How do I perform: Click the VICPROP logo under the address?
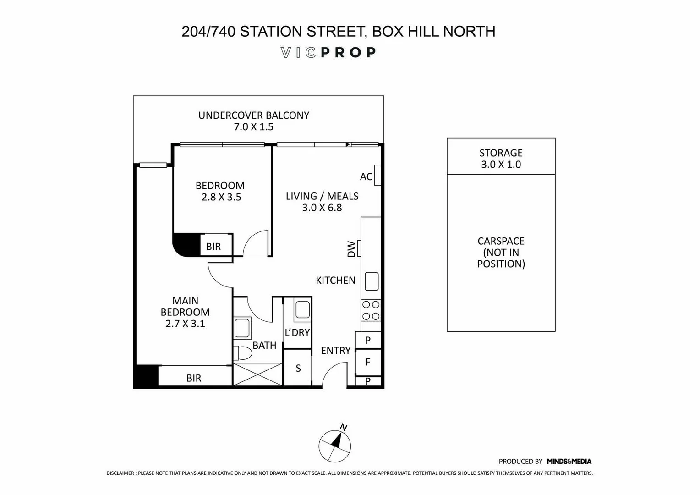(x=328, y=53)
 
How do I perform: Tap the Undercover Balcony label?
(x=253, y=115)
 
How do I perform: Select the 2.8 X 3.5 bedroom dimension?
(x=221, y=197)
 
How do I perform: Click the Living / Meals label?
(x=322, y=196)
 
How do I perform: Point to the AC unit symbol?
(x=377, y=175)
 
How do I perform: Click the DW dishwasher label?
(x=351, y=249)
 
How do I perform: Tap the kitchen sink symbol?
(x=372, y=281)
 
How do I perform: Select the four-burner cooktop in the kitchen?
(x=371, y=310)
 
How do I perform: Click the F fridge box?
(x=368, y=362)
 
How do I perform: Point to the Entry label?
(x=335, y=351)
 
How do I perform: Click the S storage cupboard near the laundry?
(x=298, y=368)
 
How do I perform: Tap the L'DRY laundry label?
(x=297, y=333)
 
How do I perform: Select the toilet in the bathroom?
(x=243, y=353)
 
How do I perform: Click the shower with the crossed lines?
(x=258, y=374)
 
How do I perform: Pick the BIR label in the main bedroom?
(x=194, y=378)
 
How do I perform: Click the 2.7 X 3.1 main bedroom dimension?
(x=185, y=324)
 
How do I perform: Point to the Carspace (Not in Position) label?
(x=501, y=252)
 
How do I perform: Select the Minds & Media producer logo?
(x=569, y=462)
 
